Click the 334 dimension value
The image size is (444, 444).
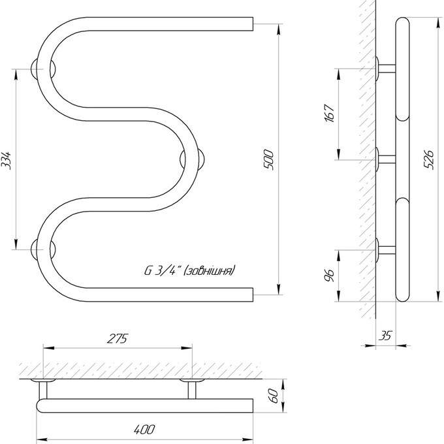pyautogui.click(x=7, y=160)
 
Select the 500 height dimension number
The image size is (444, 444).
pyautogui.click(x=269, y=160)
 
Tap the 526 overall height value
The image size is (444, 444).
pyautogui.click(x=429, y=160)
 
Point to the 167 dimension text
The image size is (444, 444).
pyautogui.click(x=329, y=113)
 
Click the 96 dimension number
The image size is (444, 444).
pyautogui.click(x=329, y=276)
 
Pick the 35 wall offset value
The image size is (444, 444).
pyautogui.click(x=385, y=336)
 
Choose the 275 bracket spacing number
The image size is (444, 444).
pyautogui.click(x=118, y=338)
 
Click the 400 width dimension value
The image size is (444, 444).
pyautogui.click(x=144, y=429)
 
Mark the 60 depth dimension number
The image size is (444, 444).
pyautogui.click(x=273, y=396)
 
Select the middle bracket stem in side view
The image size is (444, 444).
pyautogui.click(x=387, y=160)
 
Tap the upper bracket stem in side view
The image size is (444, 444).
pyautogui.click(x=387, y=69)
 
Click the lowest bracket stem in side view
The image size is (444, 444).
pyautogui.click(x=387, y=250)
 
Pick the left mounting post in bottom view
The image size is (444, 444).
pyautogui.click(x=43, y=390)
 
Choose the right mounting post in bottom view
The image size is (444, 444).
pyautogui.click(x=192, y=390)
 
